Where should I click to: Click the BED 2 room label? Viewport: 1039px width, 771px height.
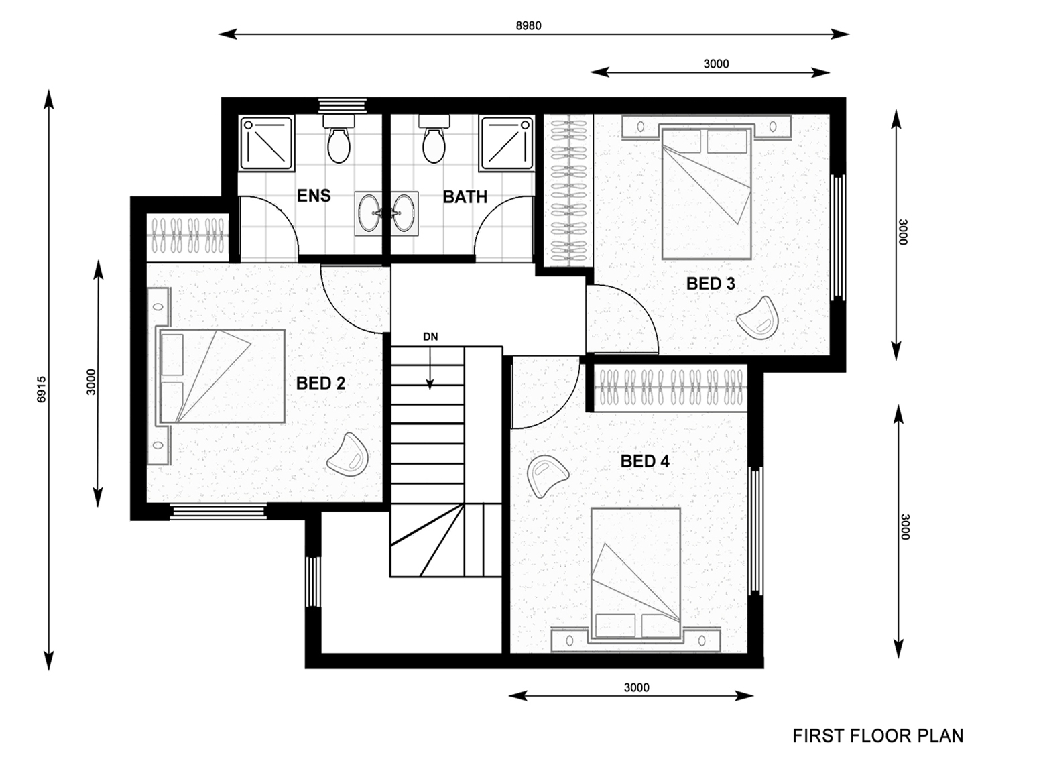pos(320,383)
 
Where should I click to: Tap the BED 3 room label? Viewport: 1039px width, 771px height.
pos(711,284)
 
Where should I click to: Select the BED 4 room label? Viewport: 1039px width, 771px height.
pos(644,461)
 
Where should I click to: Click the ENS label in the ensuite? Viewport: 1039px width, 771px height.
pos(314,196)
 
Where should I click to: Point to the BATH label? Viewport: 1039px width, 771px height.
pos(465,197)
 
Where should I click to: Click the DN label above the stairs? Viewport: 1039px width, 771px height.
pos(430,337)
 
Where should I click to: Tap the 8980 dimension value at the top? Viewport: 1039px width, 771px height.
pos(528,26)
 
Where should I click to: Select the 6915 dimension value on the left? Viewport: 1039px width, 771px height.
pos(42,388)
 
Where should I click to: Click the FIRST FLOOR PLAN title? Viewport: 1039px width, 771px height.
pos(877,735)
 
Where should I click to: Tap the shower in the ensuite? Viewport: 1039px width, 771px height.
pos(267,143)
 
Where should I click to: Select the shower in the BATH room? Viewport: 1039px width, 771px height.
pos(507,143)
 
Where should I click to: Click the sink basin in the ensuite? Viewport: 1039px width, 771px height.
pos(368,213)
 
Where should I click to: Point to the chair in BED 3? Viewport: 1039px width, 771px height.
pos(758,316)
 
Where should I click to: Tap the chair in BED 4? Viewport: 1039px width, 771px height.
pos(547,475)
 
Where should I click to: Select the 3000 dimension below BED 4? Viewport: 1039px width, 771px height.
pos(636,687)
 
